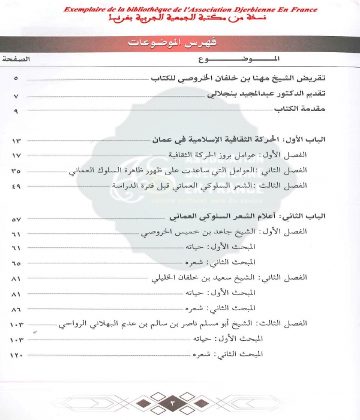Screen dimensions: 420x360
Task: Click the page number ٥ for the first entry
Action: [x=16, y=79]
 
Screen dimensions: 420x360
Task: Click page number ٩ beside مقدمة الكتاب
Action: [x=16, y=111]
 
